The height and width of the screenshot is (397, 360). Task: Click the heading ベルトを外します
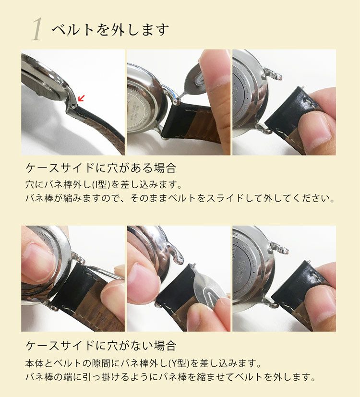[x=110, y=30]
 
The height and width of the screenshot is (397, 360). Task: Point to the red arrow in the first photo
[x=81, y=98]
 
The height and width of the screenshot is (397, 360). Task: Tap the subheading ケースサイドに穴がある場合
[x=101, y=168]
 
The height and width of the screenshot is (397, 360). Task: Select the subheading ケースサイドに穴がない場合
[x=101, y=345]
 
